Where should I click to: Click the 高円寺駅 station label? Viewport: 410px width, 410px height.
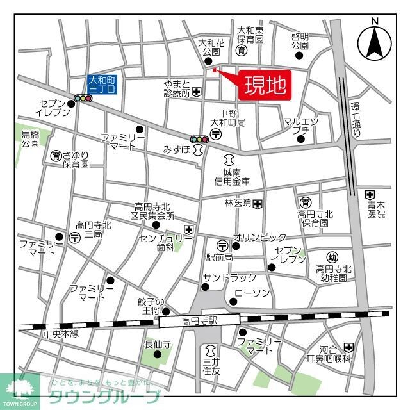click(x=199, y=320)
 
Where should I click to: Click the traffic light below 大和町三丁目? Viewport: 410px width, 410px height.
click(x=82, y=99)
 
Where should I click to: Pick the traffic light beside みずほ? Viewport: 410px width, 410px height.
click(x=199, y=139)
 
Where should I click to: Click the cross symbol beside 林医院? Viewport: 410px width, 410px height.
click(x=257, y=204)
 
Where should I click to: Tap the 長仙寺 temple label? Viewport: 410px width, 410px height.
click(x=157, y=344)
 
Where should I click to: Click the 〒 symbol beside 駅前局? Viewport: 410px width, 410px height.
click(x=222, y=245)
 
